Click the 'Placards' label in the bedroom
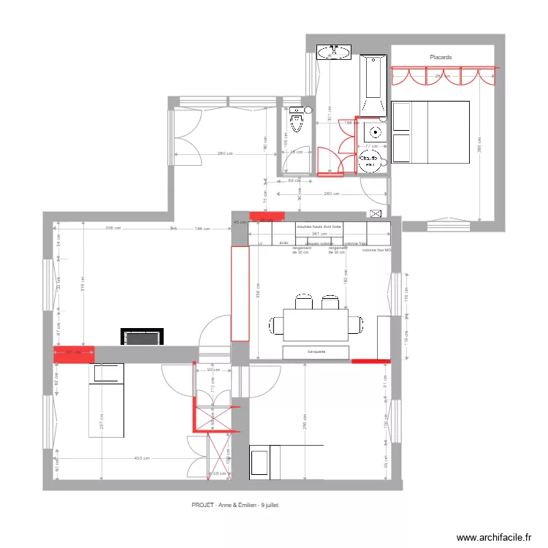[441, 57]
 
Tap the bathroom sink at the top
[334, 51]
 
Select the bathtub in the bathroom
[372, 85]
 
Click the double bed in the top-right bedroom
[430, 132]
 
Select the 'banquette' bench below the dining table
[316, 352]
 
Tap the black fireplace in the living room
[140, 338]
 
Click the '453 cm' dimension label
[142, 459]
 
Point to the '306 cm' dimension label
[113, 229]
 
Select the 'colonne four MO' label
[377, 251]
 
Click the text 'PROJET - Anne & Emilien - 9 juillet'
[235, 504]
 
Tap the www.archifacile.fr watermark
[495, 537]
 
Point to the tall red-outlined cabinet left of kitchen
[240, 294]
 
